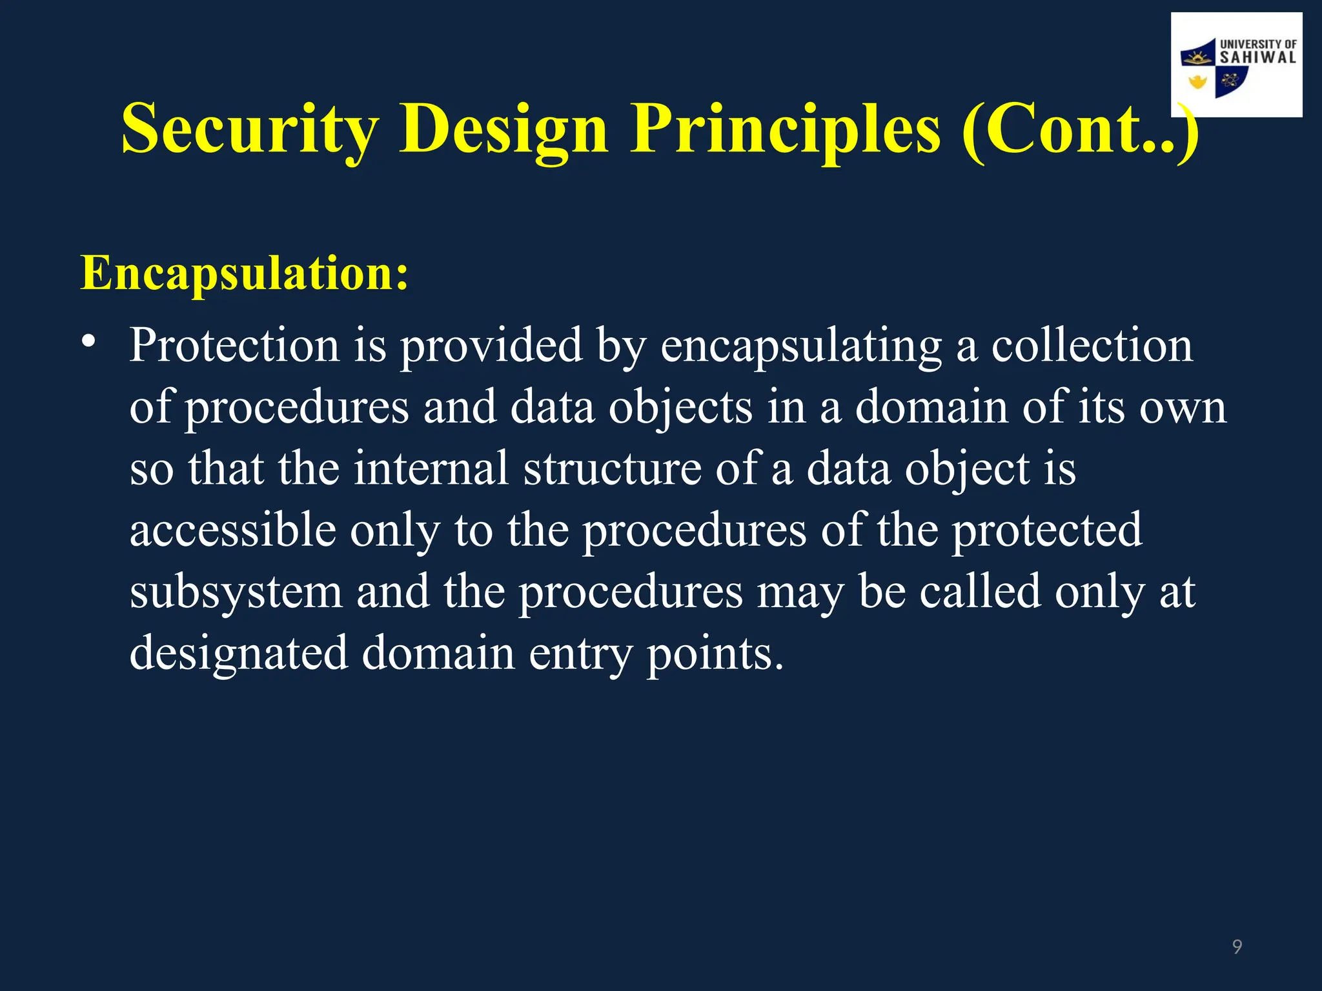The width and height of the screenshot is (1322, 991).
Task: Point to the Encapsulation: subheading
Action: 244,273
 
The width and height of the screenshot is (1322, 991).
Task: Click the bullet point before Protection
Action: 88,341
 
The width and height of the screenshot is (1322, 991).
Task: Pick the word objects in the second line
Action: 680,408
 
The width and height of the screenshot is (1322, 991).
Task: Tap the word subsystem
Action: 236,592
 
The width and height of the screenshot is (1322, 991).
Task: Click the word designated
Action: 239,654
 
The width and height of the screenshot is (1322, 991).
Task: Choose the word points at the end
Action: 715,654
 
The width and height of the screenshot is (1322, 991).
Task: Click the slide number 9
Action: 1237,946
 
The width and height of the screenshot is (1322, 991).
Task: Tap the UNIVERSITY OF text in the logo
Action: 1257,45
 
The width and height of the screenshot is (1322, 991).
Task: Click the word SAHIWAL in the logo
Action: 1257,57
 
